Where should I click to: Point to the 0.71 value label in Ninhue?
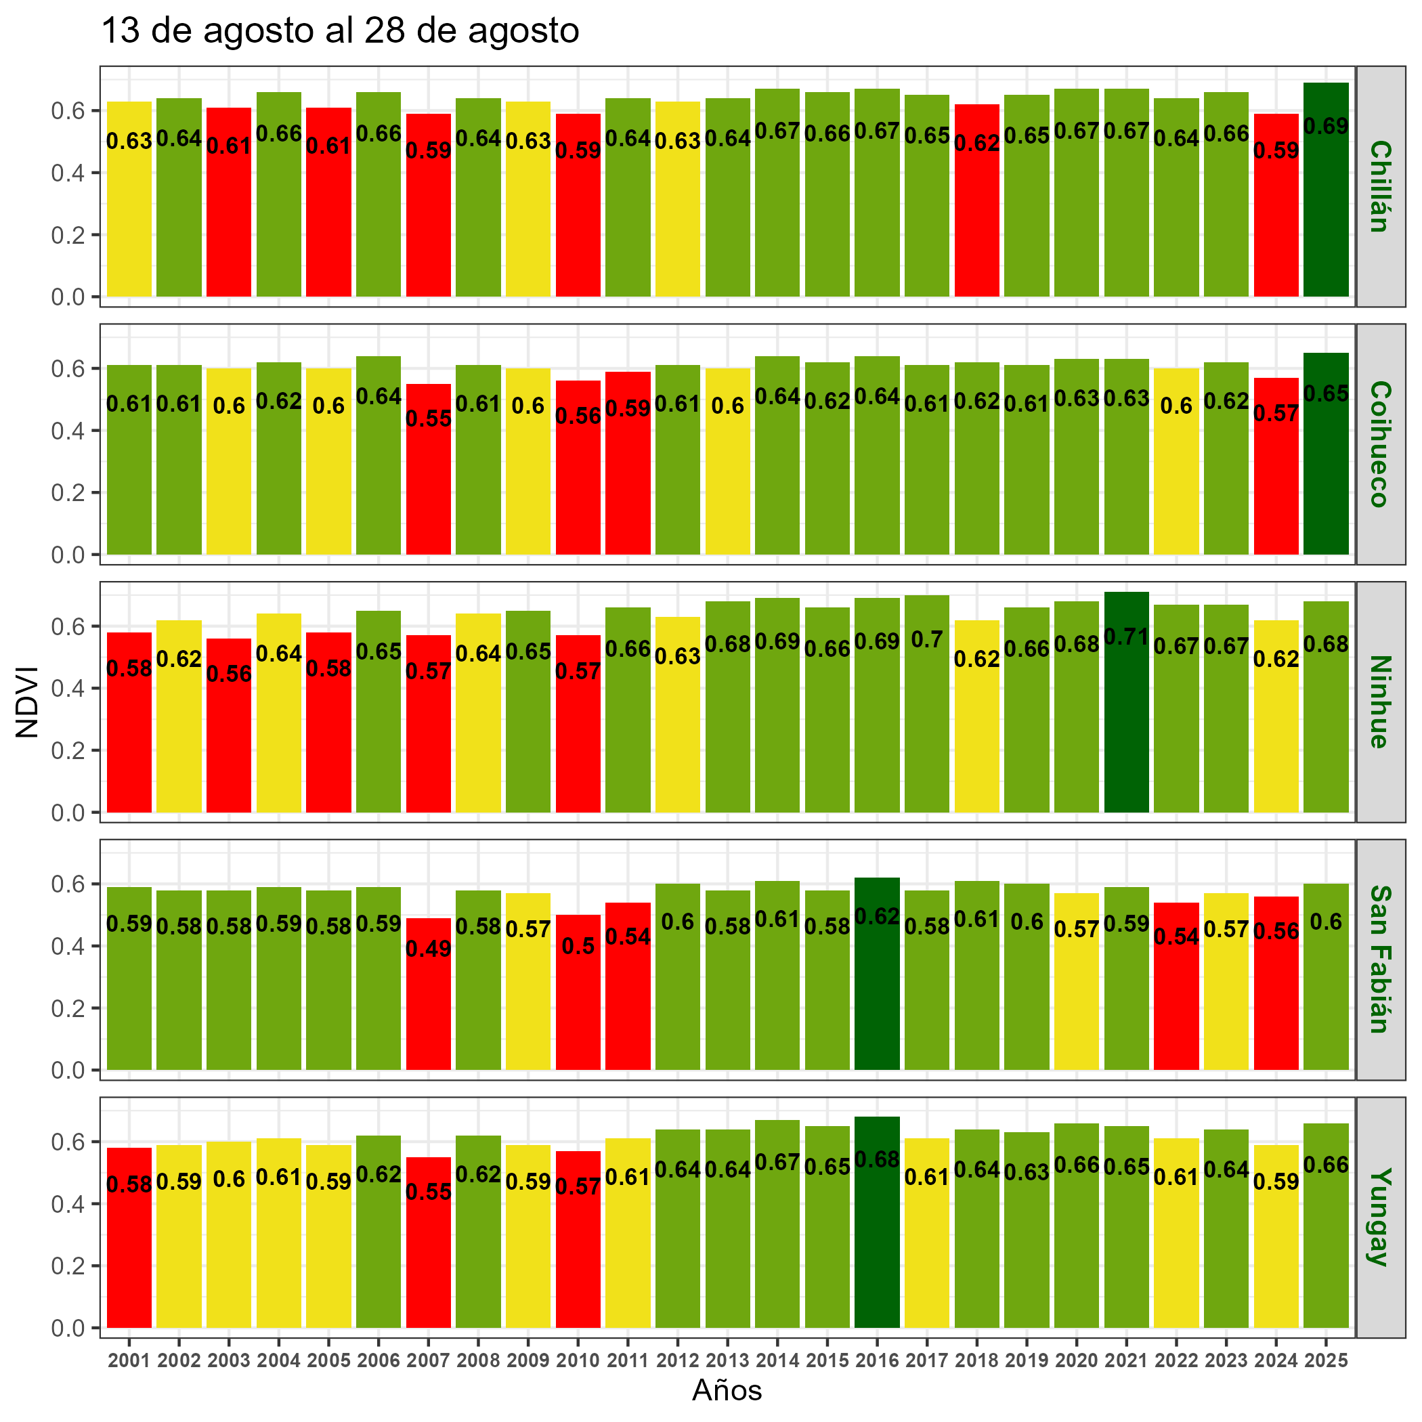(1126, 637)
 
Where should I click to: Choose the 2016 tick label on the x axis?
(877, 1361)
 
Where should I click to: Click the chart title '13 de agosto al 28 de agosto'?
(339, 31)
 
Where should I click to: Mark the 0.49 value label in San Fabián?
(429, 949)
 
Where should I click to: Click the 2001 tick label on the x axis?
(129, 1361)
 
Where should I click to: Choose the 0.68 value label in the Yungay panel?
(877, 1160)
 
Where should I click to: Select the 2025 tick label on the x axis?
(1326, 1361)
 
